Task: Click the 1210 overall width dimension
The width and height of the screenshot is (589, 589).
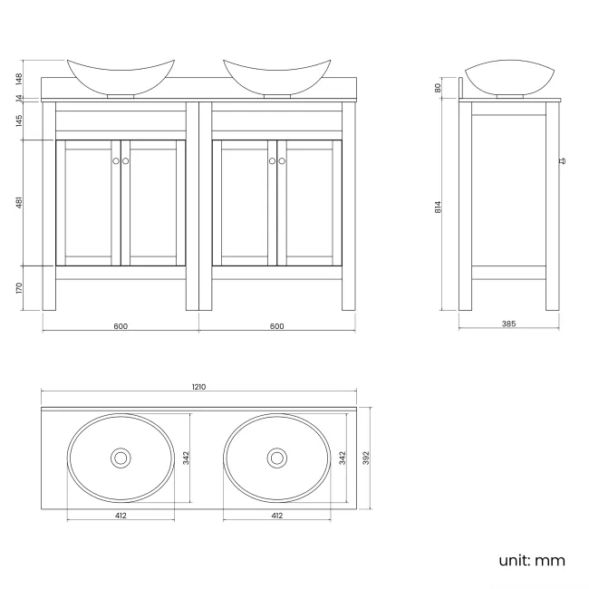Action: pos(198,387)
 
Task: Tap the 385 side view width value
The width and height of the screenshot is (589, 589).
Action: pos(508,325)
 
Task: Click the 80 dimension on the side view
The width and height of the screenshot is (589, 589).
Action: pos(438,87)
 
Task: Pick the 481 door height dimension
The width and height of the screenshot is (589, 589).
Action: pos(20,203)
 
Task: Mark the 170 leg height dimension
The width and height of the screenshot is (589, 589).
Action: pos(20,288)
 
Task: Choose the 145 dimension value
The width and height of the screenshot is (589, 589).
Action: pos(20,121)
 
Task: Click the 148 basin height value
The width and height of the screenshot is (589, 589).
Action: pos(20,78)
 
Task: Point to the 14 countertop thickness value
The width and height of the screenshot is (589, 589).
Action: pos(20,99)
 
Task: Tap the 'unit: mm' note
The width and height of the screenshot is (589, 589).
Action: pos(532,560)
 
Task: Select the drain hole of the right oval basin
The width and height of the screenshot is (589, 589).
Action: pos(276,458)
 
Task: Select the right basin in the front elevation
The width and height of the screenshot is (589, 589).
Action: pos(276,77)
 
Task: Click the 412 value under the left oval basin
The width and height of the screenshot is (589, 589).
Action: pos(121,516)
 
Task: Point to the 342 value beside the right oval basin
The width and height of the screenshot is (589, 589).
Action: pos(341,459)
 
